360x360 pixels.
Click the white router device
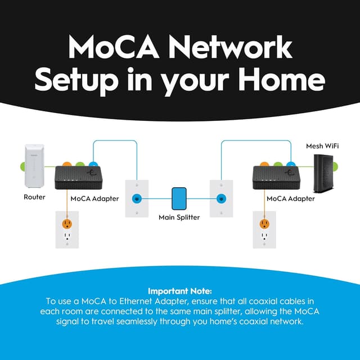click(x=34, y=166)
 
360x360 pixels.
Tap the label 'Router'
click(x=34, y=197)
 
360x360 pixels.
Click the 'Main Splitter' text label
click(x=179, y=217)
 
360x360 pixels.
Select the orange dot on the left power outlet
click(x=67, y=224)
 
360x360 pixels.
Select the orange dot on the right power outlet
click(x=264, y=224)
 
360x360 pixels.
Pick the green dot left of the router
click(x=22, y=166)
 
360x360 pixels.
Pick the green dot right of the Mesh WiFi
click(x=335, y=166)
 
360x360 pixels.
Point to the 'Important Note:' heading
click(x=180, y=291)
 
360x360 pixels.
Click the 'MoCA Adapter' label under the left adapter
click(x=94, y=199)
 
